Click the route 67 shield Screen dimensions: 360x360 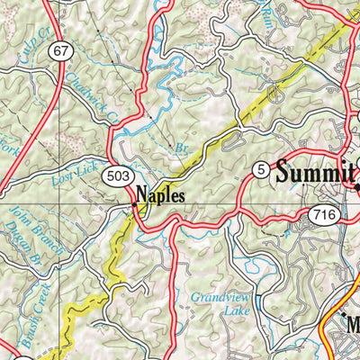pyautogui.click(x=60, y=52)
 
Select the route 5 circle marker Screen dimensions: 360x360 pyautogui.click(x=261, y=168)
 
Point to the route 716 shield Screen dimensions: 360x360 pyautogui.click(x=323, y=214)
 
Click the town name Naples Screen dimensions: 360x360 pyautogui.click(x=161, y=193)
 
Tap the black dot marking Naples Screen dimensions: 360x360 pyautogui.click(x=134, y=203)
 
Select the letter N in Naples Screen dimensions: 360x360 pyautogui.click(x=143, y=193)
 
